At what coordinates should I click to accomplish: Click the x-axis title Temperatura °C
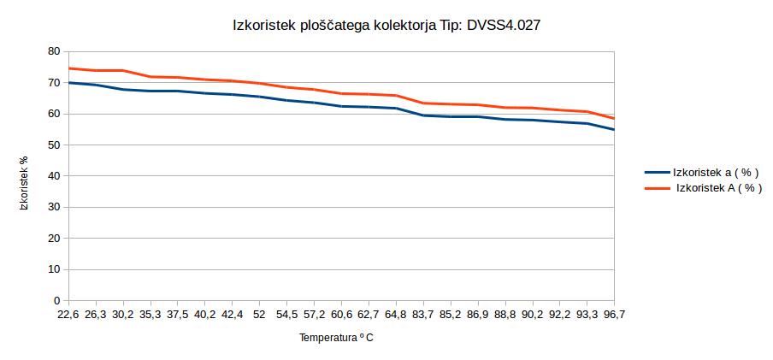pyautogui.click(x=336, y=338)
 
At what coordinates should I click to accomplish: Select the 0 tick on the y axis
pyautogui.click(x=56, y=301)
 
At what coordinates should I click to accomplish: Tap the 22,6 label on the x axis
pyautogui.click(x=68, y=315)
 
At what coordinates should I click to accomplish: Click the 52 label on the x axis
pyautogui.click(x=259, y=315)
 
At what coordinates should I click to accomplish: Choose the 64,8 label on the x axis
pyautogui.click(x=396, y=315)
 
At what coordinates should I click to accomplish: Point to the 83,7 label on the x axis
pyautogui.click(x=423, y=315)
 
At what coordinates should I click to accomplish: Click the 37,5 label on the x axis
pyautogui.click(x=177, y=315)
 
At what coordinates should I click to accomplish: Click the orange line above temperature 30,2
pyautogui.click(x=123, y=70)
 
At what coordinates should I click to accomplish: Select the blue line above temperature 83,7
pyautogui.click(x=423, y=115)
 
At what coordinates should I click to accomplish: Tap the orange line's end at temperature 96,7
pyautogui.click(x=613, y=118)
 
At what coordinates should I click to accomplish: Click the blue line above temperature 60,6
pyautogui.click(x=341, y=106)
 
